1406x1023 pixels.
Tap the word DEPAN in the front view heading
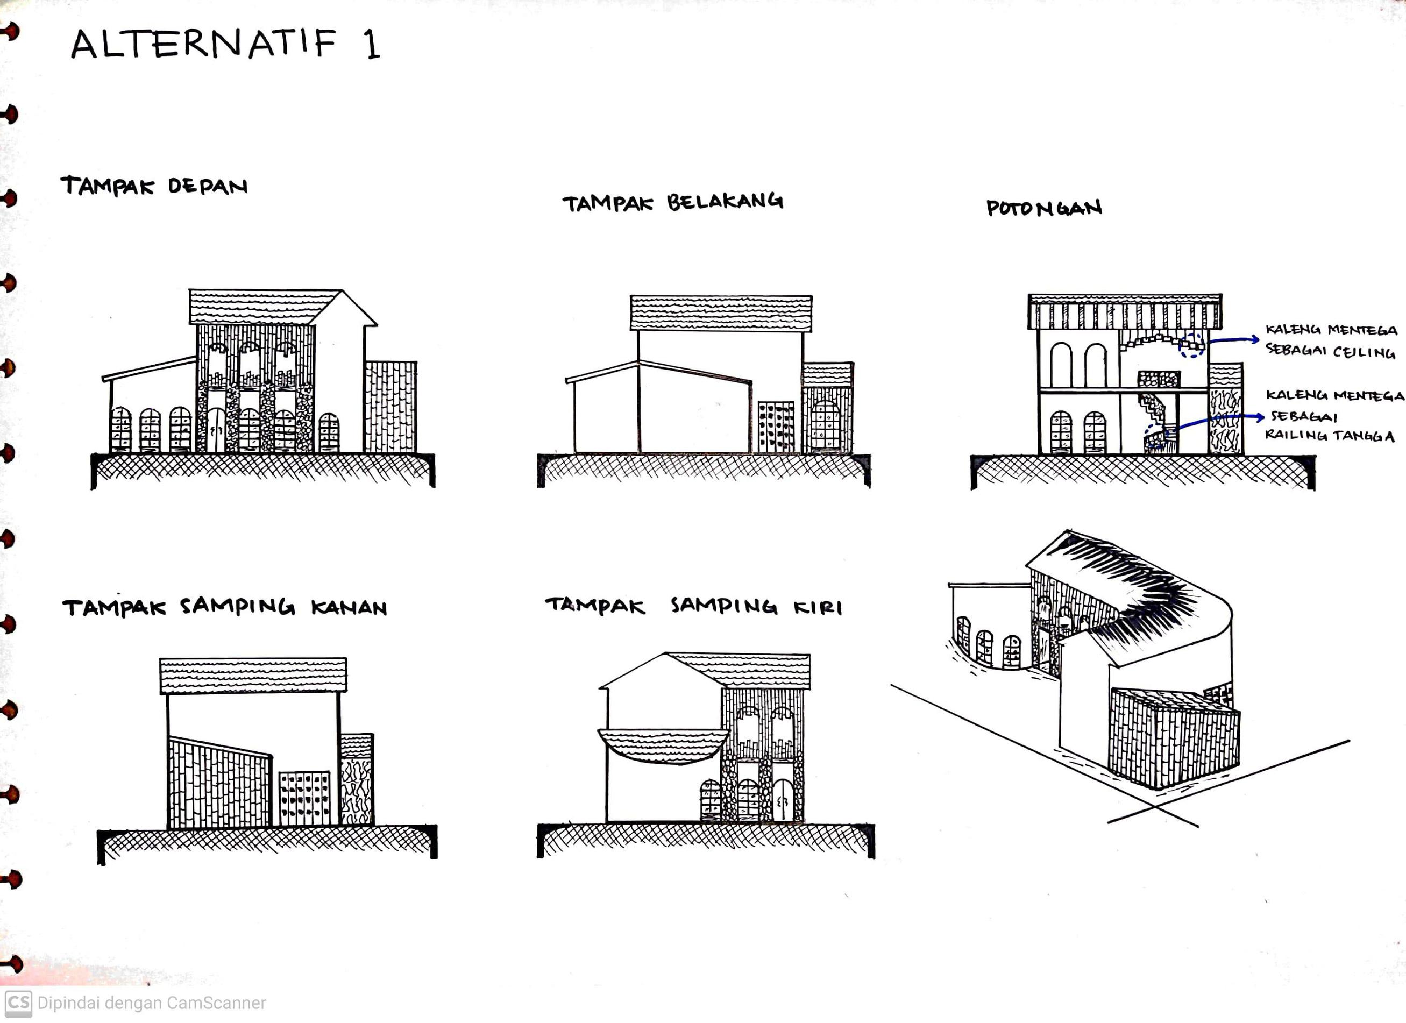(x=208, y=186)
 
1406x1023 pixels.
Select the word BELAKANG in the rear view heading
(x=725, y=202)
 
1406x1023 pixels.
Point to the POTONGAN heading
(x=1044, y=208)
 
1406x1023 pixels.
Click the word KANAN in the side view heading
(x=349, y=608)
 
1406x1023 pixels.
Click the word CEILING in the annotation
(x=1364, y=352)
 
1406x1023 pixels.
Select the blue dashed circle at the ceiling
(x=1191, y=345)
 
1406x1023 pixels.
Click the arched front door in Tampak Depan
(x=216, y=429)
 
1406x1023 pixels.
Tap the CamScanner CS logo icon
(x=18, y=1003)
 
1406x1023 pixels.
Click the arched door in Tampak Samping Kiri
(x=783, y=800)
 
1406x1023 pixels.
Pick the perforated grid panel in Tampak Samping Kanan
(x=304, y=798)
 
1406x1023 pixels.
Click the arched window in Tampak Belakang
(x=825, y=425)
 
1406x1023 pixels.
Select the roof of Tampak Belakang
(x=720, y=313)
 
